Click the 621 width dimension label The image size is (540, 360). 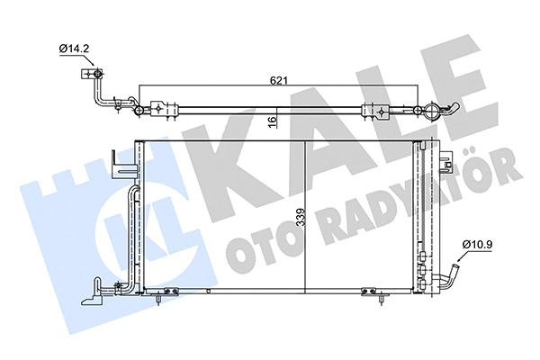[279, 81]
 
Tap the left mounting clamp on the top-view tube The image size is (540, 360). [159, 109]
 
